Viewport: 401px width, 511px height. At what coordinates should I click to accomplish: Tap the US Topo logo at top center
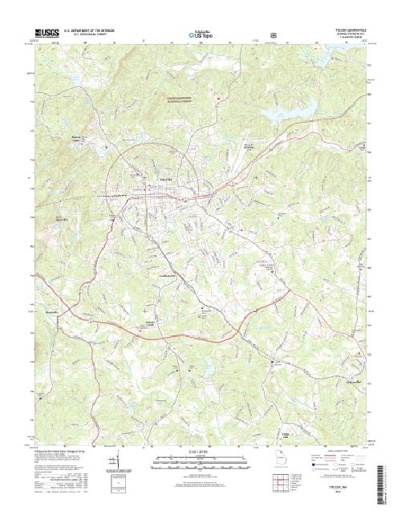(200, 34)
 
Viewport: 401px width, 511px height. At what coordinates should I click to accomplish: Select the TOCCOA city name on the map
(166, 178)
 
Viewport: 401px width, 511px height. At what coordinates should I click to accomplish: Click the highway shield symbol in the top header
(275, 34)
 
